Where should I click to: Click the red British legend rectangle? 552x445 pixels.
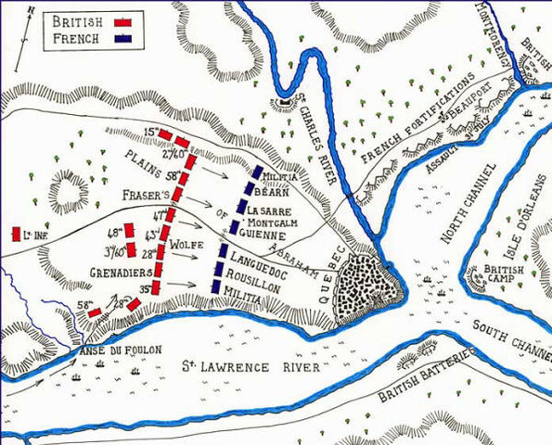tap(122, 20)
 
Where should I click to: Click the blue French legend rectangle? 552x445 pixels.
tap(122, 38)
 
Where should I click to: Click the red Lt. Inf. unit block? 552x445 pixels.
tap(16, 235)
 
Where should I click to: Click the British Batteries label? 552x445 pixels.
tap(426, 377)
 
